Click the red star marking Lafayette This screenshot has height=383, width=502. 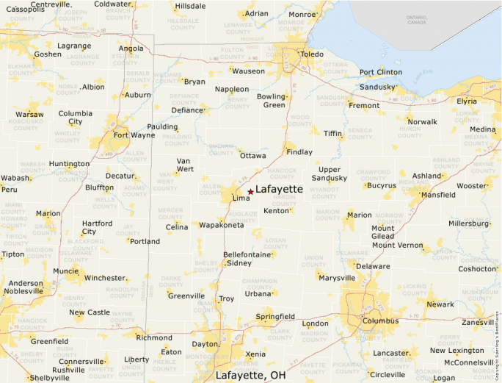250,191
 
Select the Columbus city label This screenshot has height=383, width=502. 381,322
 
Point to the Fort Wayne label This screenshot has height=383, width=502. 134,135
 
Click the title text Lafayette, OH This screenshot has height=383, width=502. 250,375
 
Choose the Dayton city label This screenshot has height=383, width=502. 205,344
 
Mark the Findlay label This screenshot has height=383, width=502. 299,152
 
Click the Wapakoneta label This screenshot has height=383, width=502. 222,225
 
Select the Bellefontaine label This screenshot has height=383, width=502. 248,254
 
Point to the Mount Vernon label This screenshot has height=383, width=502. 397,245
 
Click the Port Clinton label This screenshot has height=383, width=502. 381,72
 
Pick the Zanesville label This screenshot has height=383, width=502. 478,322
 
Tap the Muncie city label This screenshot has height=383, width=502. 66,271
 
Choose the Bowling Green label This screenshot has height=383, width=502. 272,101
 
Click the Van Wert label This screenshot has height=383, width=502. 185,165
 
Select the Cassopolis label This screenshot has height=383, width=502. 26,9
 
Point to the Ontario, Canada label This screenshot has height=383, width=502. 416,19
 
